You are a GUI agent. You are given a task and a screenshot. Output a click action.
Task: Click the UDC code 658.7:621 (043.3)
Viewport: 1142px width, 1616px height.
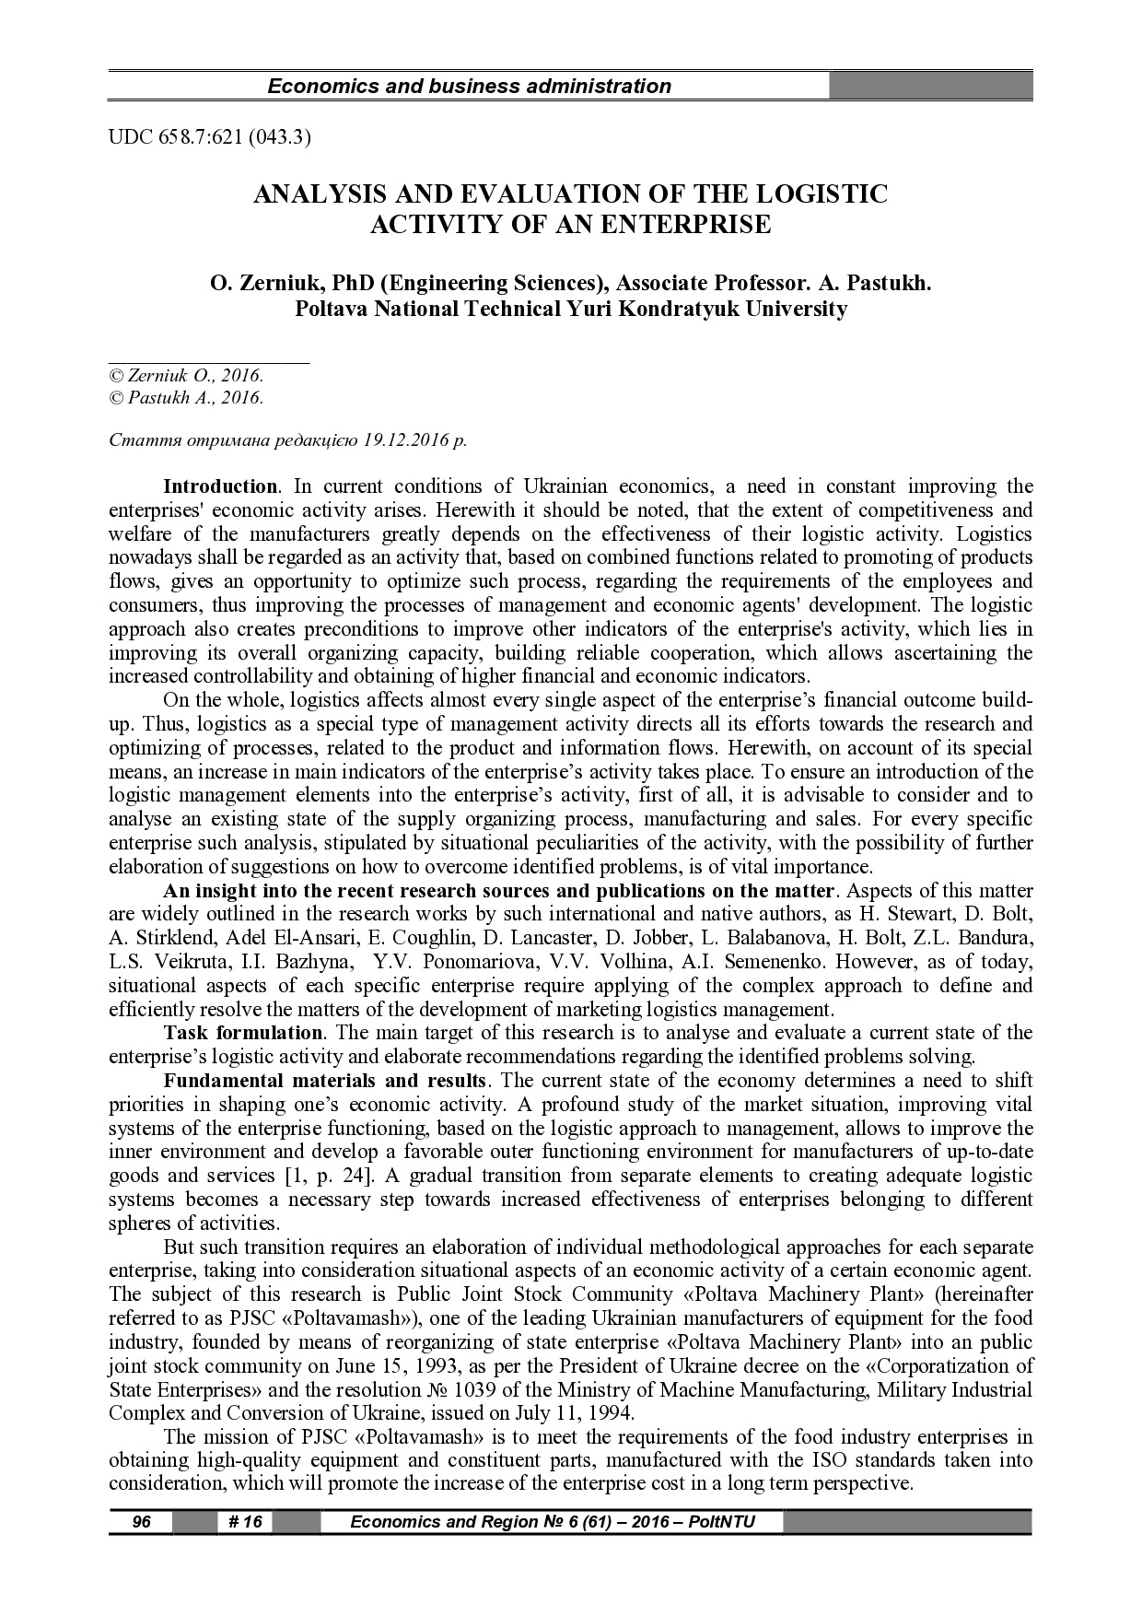tap(210, 138)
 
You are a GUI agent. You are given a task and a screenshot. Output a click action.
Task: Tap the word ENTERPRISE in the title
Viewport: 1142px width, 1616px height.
tap(686, 224)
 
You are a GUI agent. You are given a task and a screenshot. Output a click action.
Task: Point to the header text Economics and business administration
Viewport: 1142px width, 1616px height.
tap(469, 87)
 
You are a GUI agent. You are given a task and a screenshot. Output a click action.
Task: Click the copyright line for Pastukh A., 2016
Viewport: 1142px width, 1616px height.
tap(186, 398)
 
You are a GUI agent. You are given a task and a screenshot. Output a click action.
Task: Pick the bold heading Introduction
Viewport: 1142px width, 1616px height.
tap(220, 486)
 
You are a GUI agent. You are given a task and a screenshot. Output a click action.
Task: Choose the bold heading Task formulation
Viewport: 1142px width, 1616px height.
tap(243, 1033)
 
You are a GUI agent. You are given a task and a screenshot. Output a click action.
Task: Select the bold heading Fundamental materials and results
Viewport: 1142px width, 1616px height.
tap(324, 1081)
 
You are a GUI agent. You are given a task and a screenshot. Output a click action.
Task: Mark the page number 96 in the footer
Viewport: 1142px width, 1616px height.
tap(141, 1522)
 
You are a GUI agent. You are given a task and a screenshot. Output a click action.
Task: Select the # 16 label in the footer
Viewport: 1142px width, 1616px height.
tap(245, 1522)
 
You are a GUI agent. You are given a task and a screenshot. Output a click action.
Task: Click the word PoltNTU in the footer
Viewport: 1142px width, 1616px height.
tap(721, 1522)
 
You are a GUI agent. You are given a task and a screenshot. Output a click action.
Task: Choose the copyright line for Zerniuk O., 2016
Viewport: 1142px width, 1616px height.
tap(186, 376)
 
